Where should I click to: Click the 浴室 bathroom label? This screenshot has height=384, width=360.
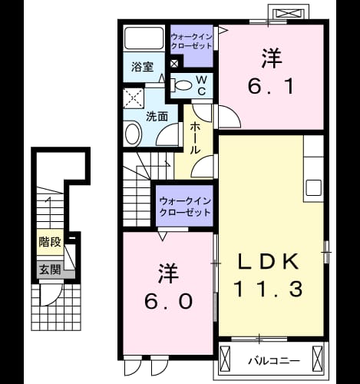coord(143,67)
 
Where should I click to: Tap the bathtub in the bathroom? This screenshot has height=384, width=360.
coord(144,38)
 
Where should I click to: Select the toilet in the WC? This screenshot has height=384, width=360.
coord(182,85)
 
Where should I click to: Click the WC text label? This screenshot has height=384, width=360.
coord(202,86)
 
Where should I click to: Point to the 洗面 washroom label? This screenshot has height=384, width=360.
coord(157,117)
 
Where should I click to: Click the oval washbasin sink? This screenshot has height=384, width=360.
coord(133,134)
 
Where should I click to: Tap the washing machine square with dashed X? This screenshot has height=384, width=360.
coord(134,98)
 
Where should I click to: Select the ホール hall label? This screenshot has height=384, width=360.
coord(196,138)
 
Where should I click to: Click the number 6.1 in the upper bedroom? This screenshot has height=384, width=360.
coord(271,86)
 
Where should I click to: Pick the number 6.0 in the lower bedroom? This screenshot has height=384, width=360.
coord(168,301)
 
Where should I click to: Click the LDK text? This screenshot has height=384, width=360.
coord(268,261)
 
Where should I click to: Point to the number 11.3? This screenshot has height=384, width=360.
coord(268,289)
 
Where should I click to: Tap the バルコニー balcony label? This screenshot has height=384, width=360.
coord(274,361)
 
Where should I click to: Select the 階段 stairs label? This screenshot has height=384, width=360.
coord(50,242)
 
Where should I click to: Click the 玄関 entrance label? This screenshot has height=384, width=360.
coord(50,270)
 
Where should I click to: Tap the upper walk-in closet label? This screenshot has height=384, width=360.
coord(191,41)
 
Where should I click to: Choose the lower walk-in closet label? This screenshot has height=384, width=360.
coord(185,207)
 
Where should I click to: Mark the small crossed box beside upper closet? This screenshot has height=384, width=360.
coord(174,64)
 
